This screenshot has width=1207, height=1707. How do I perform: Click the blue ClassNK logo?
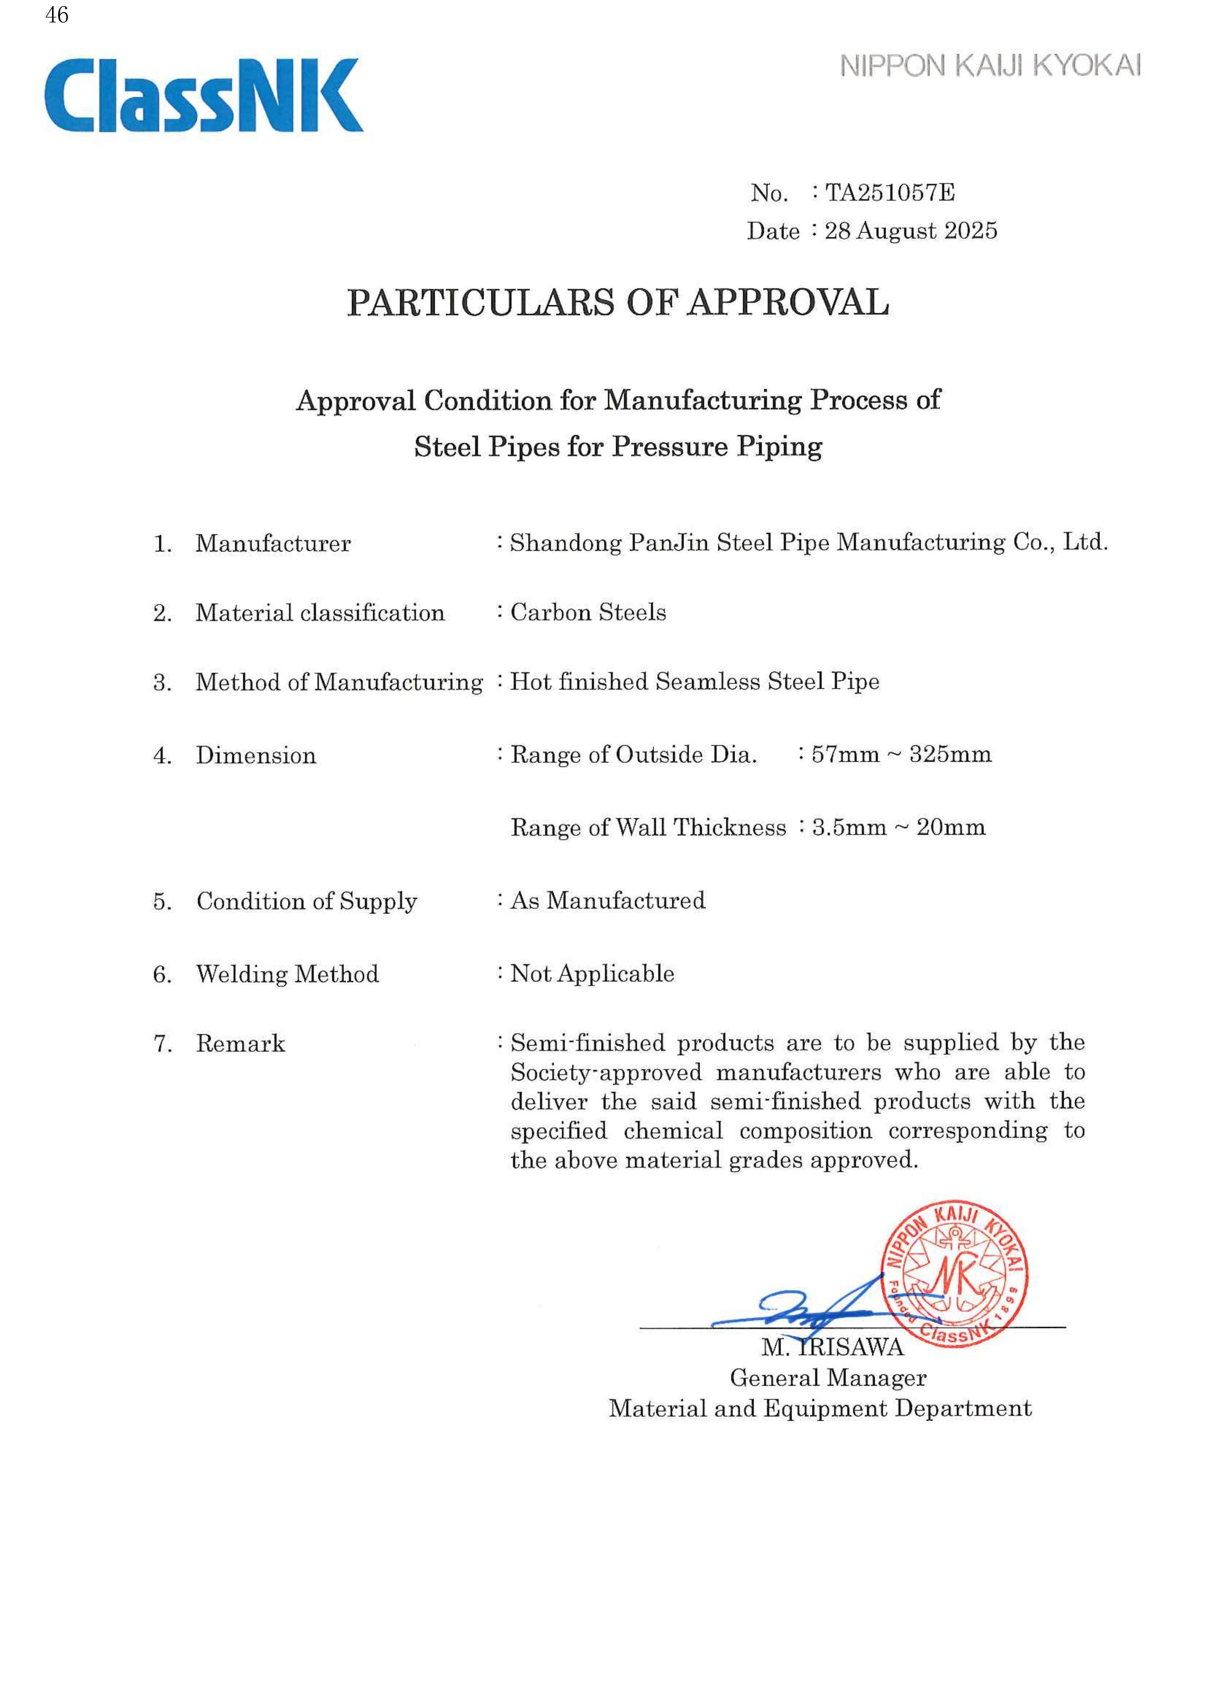point(203,96)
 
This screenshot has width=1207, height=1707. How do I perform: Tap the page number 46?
point(57,15)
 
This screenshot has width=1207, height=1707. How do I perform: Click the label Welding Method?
point(287,974)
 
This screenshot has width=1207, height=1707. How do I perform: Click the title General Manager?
point(828,1377)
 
